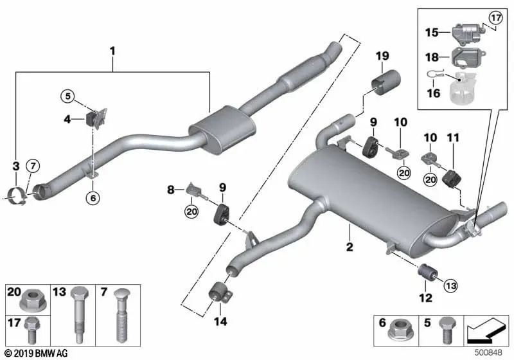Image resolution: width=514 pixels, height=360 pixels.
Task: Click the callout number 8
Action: pos(171,190)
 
